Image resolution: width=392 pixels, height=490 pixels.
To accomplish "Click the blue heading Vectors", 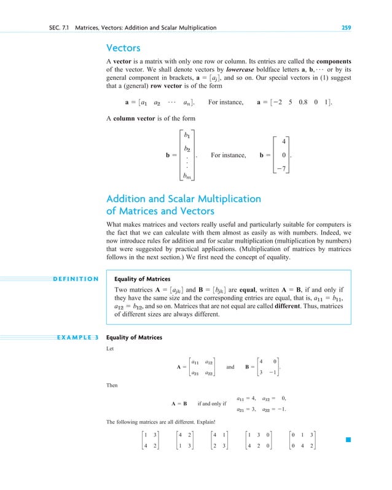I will click(123, 47).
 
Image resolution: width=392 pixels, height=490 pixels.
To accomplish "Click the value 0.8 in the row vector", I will click(299, 101).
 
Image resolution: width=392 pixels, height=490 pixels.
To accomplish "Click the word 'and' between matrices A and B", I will click(230, 367).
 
